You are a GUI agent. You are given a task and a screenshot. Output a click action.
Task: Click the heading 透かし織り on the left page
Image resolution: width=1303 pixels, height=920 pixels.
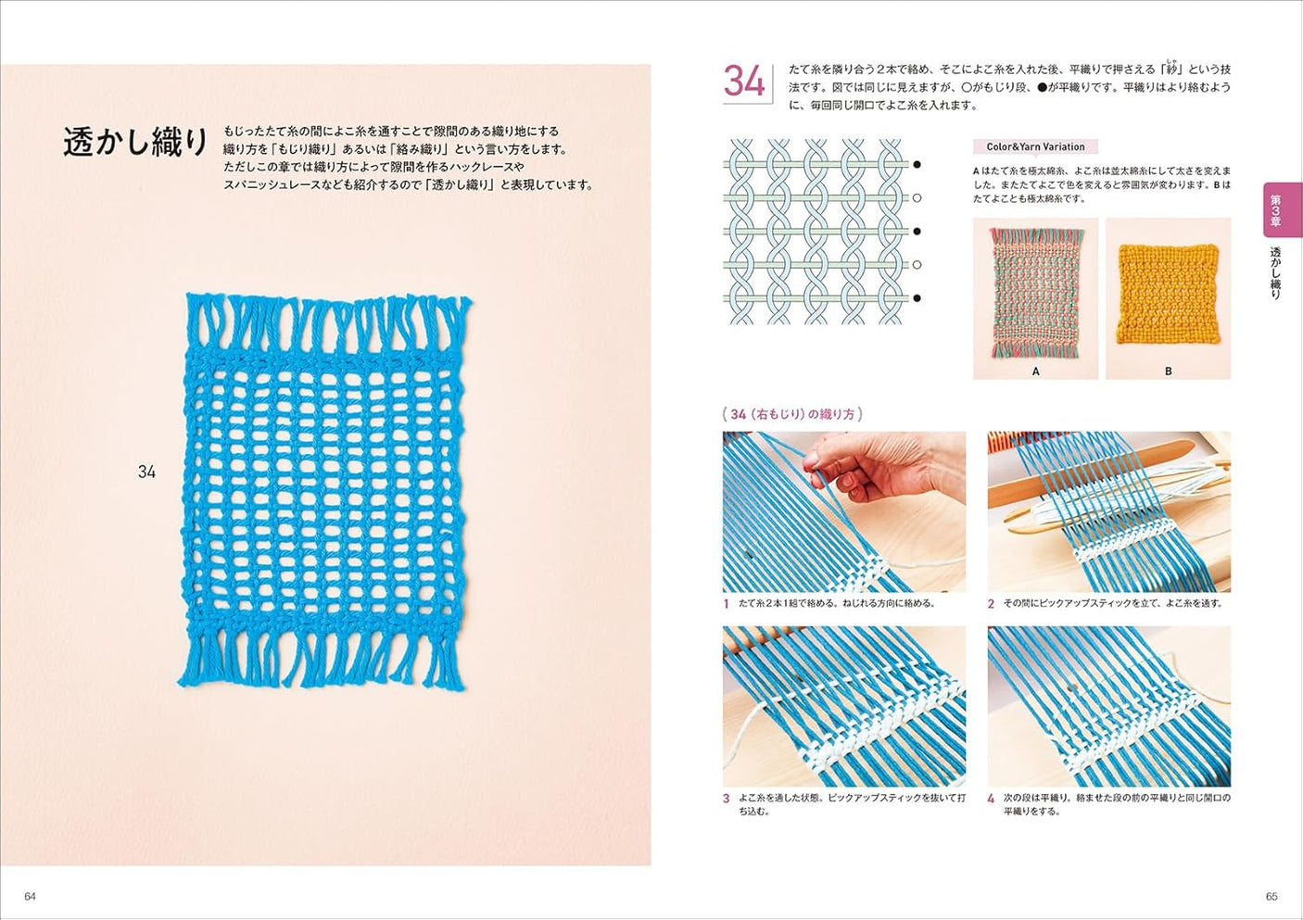tap(135, 142)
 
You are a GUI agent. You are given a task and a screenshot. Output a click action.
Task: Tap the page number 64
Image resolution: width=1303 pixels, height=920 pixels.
tap(30, 896)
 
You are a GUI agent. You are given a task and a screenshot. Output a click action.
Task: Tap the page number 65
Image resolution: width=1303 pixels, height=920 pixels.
tap(1271, 896)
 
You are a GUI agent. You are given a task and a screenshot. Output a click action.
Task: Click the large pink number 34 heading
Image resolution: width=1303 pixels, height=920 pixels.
tap(744, 82)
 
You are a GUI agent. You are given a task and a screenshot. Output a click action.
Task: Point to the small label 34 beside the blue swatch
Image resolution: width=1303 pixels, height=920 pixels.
tap(146, 472)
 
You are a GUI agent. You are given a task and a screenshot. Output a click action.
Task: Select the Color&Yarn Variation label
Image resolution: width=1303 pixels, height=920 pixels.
tap(1035, 146)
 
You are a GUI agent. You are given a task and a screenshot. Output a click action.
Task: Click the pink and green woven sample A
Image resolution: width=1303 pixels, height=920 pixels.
tap(1035, 295)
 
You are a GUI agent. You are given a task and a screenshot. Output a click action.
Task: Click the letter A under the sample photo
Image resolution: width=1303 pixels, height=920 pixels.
tap(1035, 371)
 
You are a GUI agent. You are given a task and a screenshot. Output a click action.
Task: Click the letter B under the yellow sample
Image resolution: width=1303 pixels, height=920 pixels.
tap(1168, 371)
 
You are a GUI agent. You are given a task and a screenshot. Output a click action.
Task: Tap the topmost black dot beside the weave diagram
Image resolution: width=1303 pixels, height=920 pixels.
tap(917, 165)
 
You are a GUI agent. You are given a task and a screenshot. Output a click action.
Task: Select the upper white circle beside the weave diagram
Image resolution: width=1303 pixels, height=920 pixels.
tap(917, 198)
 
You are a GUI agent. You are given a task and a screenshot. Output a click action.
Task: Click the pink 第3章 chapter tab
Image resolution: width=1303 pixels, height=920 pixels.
tap(1283, 210)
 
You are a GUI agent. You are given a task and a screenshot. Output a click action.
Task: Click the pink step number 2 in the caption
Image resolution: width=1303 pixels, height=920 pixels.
tap(991, 604)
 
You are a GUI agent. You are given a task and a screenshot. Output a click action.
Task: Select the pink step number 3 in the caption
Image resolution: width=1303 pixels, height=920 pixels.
tap(727, 798)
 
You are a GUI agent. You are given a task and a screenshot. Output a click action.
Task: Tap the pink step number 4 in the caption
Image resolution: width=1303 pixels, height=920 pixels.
tap(991, 798)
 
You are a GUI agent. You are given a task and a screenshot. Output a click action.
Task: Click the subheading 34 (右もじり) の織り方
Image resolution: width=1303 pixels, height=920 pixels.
tap(792, 414)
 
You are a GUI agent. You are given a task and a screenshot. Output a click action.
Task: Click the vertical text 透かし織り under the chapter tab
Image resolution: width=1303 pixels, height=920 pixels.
tap(1275, 272)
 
